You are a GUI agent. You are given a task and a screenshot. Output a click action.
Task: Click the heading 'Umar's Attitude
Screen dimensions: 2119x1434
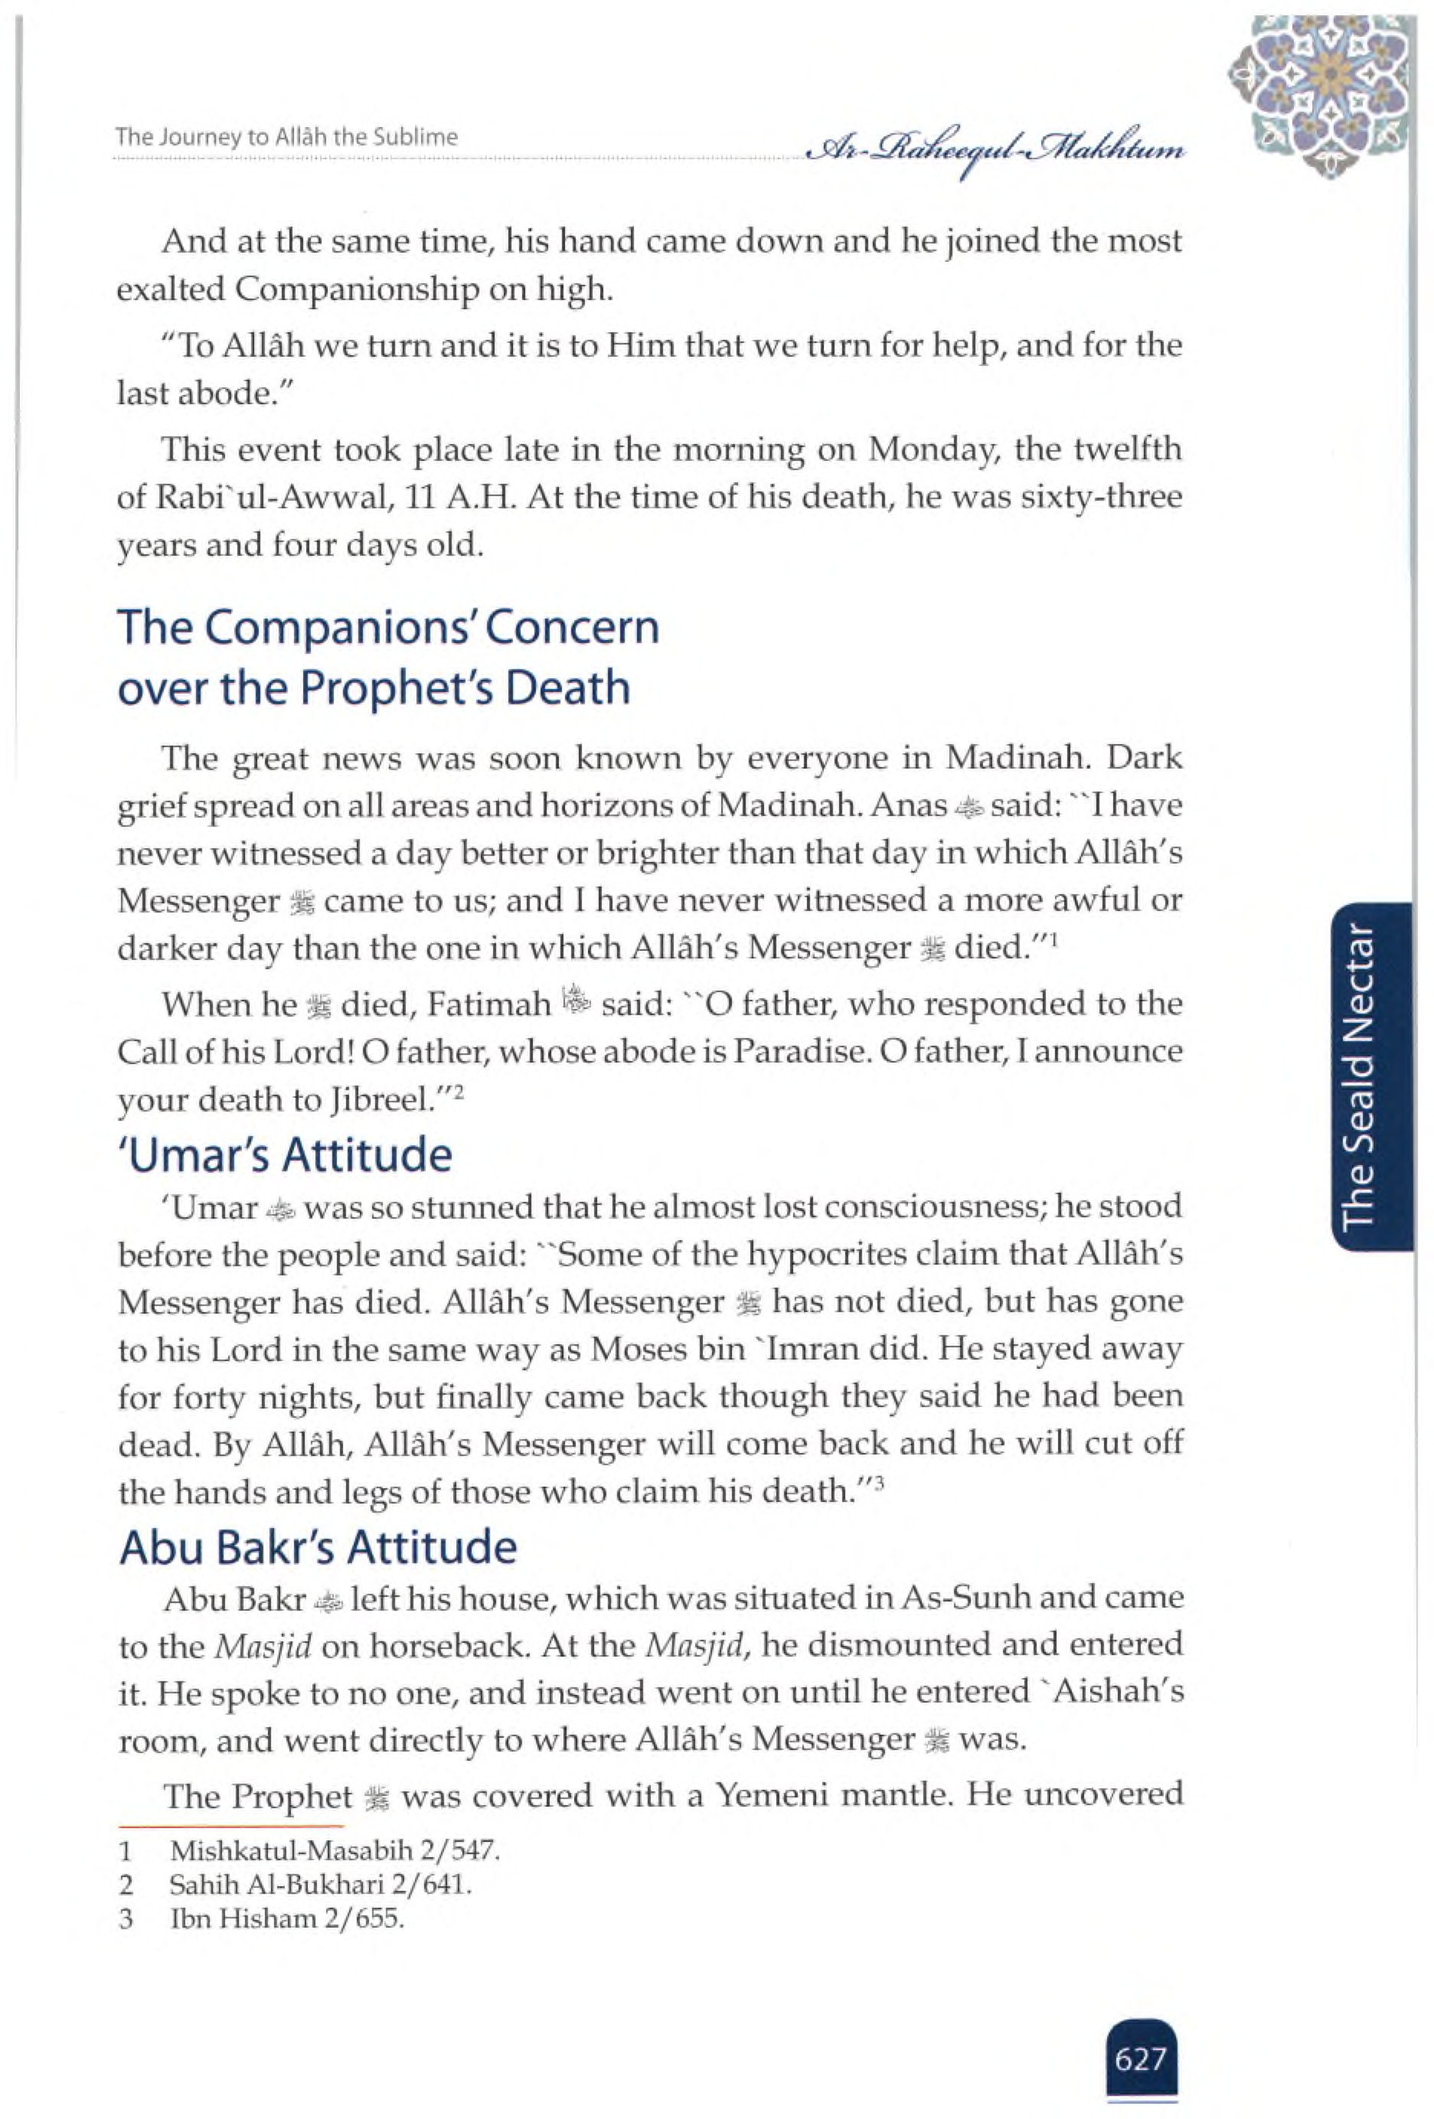pyautogui.click(x=286, y=1155)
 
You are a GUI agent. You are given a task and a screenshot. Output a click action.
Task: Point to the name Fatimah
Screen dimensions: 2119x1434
pyautogui.click(x=489, y=1005)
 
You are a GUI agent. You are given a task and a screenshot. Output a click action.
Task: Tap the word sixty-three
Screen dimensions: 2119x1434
pyautogui.click(x=1104, y=498)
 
